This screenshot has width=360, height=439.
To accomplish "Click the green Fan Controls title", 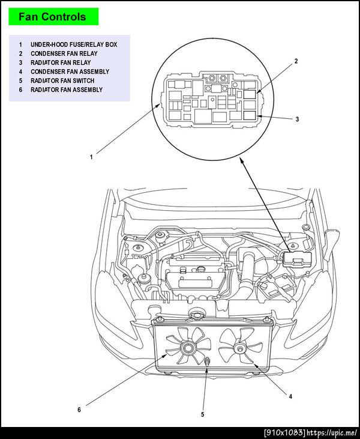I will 52,17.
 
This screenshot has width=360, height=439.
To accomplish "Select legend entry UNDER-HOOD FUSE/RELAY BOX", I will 73,44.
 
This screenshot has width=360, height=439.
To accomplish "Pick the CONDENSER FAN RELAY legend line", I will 64,53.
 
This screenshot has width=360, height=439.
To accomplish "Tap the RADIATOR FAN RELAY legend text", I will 61,62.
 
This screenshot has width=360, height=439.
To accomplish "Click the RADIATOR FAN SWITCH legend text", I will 62,80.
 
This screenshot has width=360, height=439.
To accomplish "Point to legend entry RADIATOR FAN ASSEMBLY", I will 66,89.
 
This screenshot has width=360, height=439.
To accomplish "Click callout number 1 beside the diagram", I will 91,157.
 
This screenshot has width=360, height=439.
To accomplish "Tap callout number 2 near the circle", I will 296,61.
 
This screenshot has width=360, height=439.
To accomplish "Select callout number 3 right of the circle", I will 297,119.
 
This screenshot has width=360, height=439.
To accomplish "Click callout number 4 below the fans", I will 290,396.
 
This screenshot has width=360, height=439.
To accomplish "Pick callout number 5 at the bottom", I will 202,414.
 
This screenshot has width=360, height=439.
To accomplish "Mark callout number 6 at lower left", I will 79,410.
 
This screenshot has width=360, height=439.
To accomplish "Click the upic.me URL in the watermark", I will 334,433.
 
